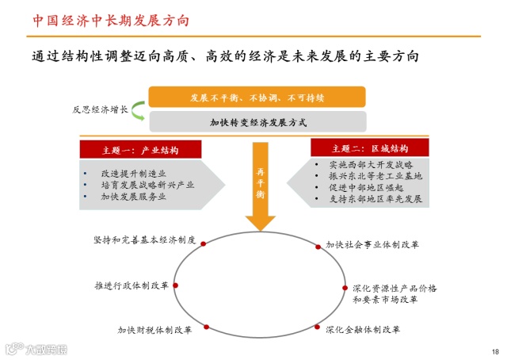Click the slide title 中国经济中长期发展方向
click(111, 19)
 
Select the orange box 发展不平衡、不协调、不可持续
click(257, 98)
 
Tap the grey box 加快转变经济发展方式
click(257, 122)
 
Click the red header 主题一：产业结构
click(140, 150)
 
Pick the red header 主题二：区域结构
click(369, 148)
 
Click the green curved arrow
click(136, 110)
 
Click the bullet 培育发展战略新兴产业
click(147, 184)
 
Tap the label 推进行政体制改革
click(131, 284)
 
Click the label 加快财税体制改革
click(154, 329)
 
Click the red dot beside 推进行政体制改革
click(176, 285)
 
